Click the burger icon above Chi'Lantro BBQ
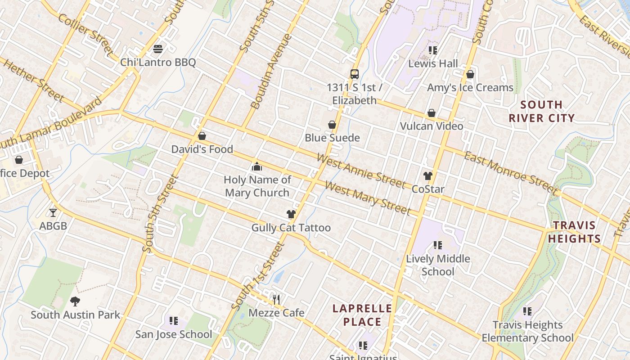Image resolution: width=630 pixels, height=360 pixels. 158,49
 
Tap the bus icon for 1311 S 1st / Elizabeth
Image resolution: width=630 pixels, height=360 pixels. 355,74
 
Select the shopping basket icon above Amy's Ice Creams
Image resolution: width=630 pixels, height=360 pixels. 470,74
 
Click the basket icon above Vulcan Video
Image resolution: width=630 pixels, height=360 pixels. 431,112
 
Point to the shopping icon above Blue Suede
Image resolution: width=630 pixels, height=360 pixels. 332,125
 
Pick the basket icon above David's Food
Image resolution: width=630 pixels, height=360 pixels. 202,136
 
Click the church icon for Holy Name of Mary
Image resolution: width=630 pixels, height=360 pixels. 257,166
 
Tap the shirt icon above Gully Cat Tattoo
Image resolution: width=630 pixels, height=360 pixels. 291,214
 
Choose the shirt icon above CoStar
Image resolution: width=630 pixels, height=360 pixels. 427,175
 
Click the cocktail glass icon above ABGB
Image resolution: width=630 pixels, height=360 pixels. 53,212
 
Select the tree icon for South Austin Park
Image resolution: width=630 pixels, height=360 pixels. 75,301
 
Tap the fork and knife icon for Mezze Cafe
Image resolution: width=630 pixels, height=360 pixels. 276,299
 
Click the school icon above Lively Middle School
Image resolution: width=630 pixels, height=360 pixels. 437,245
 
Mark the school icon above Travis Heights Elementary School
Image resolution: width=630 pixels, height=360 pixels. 527,311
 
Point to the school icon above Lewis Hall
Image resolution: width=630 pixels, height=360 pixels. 432,50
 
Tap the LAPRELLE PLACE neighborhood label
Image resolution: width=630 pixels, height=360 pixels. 362,315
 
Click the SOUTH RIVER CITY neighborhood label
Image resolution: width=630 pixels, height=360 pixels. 541,112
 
